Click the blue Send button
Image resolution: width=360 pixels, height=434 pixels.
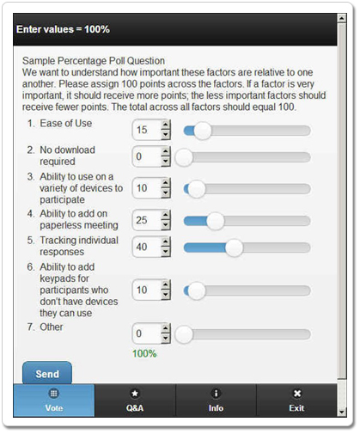click(47, 373)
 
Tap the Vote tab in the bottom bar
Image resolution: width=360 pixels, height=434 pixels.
click(54, 400)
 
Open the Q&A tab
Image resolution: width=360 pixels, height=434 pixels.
click(135, 400)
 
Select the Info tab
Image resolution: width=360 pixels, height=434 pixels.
click(216, 400)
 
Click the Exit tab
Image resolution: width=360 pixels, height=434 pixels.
click(296, 400)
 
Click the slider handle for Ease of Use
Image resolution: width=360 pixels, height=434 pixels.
click(203, 131)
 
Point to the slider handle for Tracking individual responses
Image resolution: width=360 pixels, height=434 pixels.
click(234, 248)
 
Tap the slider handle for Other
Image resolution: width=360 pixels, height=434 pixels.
click(184, 334)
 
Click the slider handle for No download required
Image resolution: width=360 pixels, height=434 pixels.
click(184, 157)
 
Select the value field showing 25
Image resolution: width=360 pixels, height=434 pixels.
click(146, 220)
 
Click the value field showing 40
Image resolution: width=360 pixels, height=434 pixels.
click(146, 247)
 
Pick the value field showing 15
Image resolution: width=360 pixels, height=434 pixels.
click(146, 130)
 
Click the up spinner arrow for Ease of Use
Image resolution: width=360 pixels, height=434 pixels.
click(166, 125)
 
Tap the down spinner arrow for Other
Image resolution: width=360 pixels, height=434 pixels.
click(166, 339)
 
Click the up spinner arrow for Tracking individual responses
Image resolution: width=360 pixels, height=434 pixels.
click(166, 241)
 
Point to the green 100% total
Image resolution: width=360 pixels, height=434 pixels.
click(144, 353)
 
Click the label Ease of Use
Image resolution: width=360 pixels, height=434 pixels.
click(66, 123)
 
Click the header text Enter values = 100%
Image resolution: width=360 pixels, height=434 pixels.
click(63, 29)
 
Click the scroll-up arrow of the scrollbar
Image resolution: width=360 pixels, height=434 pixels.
click(342, 18)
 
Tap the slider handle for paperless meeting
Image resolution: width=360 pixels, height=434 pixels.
click(216, 221)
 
